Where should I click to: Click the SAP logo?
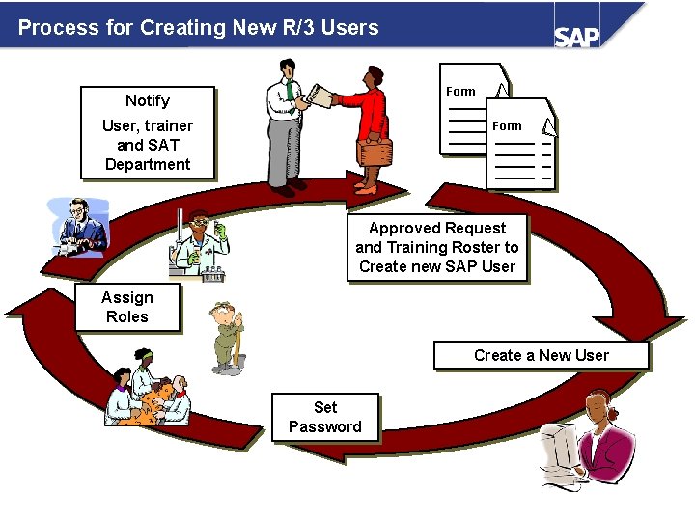tap(576, 36)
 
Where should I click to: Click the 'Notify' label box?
tap(148, 100)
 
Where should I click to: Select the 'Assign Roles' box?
tap(127, 307)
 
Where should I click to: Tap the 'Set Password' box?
tap(325, 417)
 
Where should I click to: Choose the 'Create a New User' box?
tap(541, 355)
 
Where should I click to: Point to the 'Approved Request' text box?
tap(437, 247)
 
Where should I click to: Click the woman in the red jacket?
tap(366, 125)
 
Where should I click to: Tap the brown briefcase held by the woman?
tap(374, 152)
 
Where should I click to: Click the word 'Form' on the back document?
tap(460, 92)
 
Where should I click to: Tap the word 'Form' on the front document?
tap(507, 126)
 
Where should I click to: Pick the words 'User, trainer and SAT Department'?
tap(148, 145)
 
